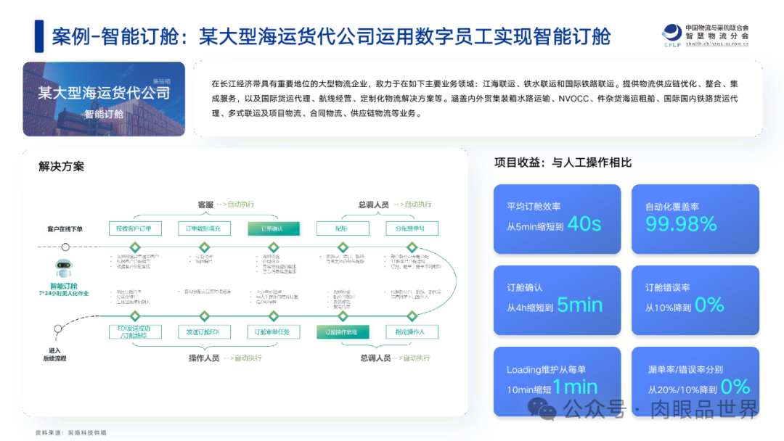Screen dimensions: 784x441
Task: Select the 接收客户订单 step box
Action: click(134, 228)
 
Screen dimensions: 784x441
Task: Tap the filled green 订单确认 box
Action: click(273, 228)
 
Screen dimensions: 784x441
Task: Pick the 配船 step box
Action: click(342, 228)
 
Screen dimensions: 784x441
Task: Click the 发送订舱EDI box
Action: click(204, 332)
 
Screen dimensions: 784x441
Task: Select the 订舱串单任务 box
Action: click(273, 332)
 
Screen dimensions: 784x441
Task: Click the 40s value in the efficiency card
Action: click(585, 224)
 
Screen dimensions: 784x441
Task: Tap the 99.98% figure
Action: click(681, 224)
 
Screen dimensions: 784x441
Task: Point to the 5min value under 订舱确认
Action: click(580, 305)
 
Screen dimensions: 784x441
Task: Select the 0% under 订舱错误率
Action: click(709, 305)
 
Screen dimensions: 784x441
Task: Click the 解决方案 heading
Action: click(62, 167)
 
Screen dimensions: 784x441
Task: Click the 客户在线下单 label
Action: click(65, 229)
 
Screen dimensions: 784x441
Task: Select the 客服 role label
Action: click(205, 205)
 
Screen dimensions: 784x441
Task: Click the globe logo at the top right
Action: click(671, 35)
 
